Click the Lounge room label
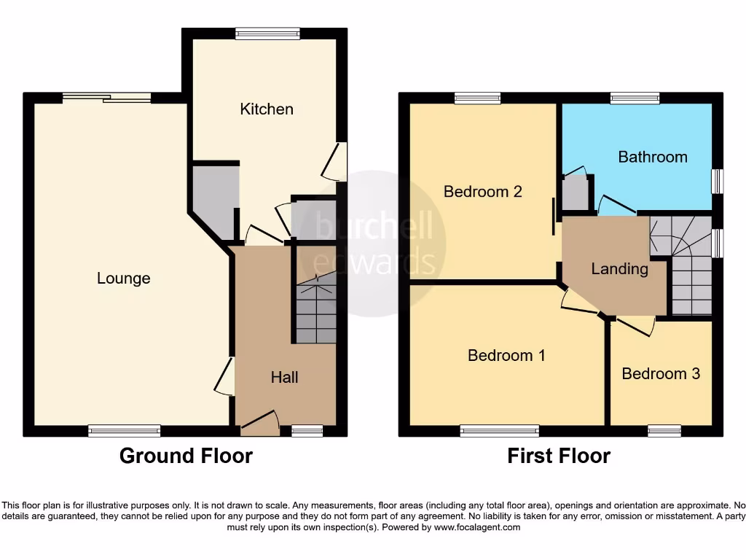coord(124,278)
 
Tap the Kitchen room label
coord(267,109)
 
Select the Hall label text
coord(284,377)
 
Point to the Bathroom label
coord(652,157)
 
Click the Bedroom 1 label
coord(506,355)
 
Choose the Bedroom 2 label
coord(482,192)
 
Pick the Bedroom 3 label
coord(661,373)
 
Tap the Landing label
coord(619,268)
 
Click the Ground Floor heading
coord(186,456)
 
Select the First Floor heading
coord(559,456)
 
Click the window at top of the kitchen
coord(267,33)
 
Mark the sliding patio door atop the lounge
coord(106,98)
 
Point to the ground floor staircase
coord(316,306)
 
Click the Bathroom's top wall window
coord(635,98)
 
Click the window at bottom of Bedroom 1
coord(499,432)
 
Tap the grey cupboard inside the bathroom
coord(576,191)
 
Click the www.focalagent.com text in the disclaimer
coord(476,527)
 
